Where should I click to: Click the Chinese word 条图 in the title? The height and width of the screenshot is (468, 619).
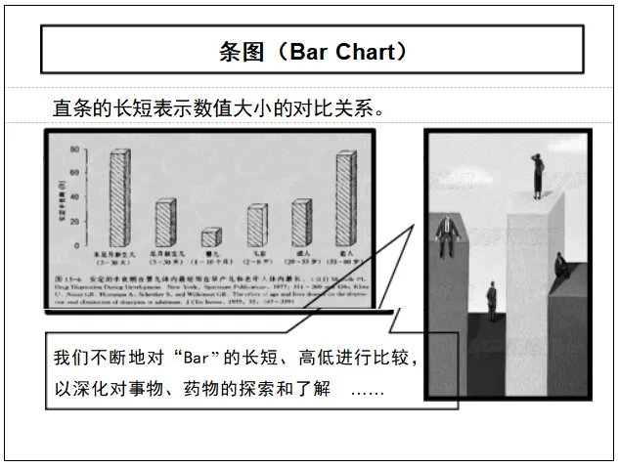[x=240, y=51]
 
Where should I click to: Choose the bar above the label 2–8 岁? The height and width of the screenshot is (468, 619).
[x=256, y=225]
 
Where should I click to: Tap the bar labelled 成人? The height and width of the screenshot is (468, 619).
[x=301, y=222]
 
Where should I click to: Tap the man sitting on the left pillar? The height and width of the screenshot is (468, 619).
[x=447, y=234]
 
